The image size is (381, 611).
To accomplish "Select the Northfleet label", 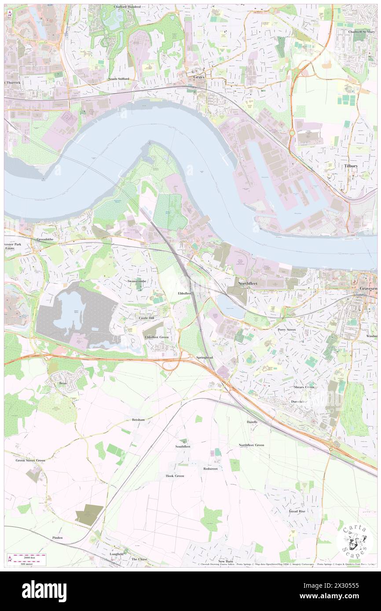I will (248, 284).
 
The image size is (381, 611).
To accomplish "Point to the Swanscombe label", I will (136, 280).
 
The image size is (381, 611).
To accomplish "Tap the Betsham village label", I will (138, 420).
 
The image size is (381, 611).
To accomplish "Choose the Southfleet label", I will (183, 446).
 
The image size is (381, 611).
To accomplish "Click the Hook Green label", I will (175, 476).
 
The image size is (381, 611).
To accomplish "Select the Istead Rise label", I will (297, 511).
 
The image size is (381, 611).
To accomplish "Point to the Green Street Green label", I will (30, 460).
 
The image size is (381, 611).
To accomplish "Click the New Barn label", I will (226, 561).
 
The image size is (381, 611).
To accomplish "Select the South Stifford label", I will (119, 79).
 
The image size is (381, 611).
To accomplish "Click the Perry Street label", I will (286, 329).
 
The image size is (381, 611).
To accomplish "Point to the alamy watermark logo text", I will (44, 591).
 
